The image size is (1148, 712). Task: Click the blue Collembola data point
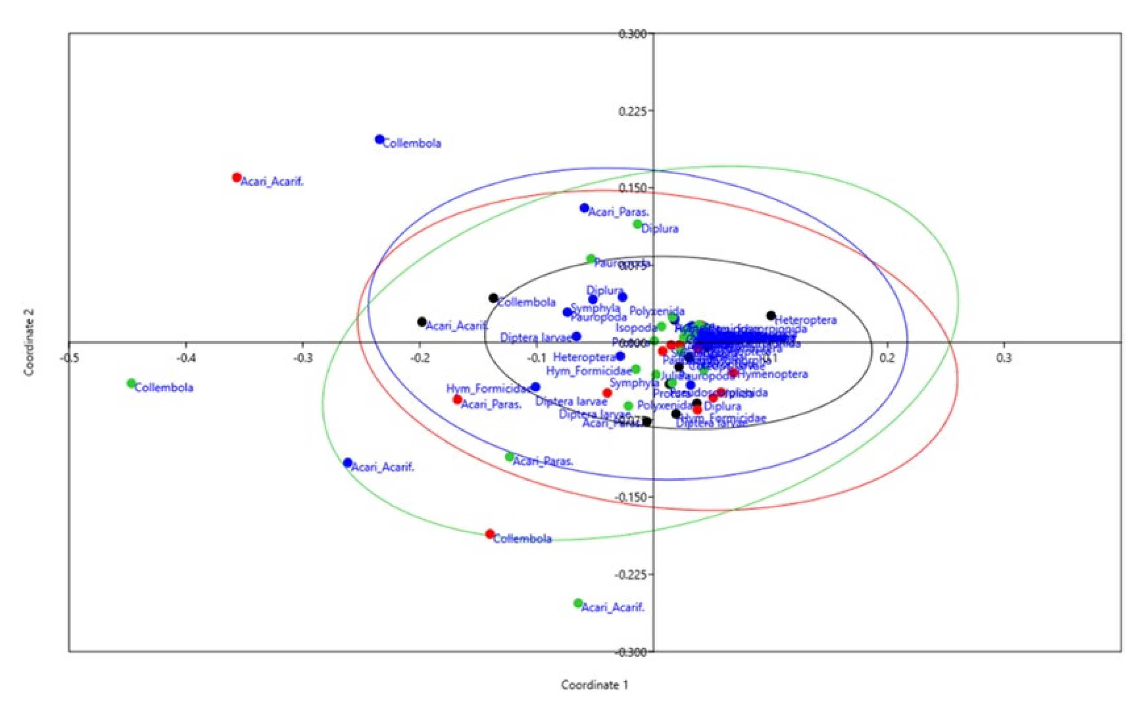[379, 139]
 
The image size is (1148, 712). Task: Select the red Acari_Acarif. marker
[237, 177]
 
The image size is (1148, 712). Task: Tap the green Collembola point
[131, 383]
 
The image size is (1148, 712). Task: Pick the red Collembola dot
[490, 534]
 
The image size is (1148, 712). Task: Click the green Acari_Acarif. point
[578, 603]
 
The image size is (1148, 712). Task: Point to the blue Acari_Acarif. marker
[348, 463]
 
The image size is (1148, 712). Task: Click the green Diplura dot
[637, 224]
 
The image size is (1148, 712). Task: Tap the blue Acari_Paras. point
[584, 207]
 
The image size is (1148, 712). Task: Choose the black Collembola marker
[493, 298]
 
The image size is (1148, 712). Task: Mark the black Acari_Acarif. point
[422, 322]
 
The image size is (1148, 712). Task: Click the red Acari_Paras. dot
[457, 400]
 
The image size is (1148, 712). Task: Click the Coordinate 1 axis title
[594, 685]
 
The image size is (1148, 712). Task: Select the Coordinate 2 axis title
[30, 343]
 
